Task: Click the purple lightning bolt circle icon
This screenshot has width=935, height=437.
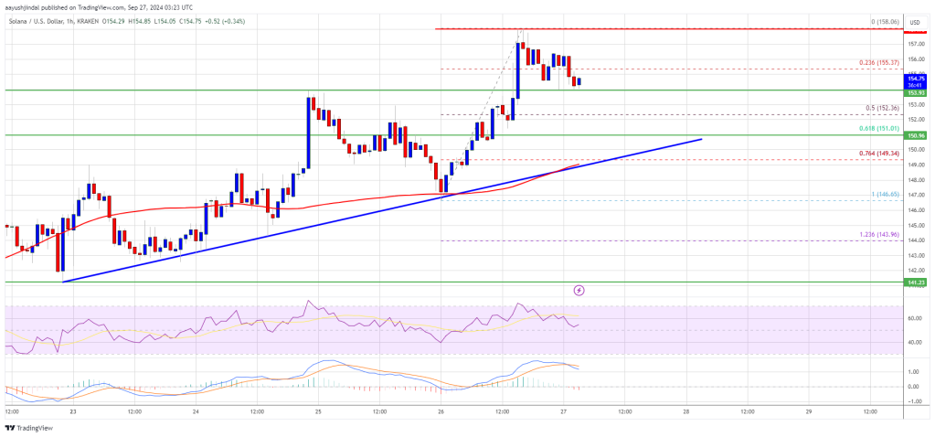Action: pyautogui.click(x=579, y=290)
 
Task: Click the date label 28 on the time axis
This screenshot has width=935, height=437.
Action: pyautogui.click(x=685, y=411)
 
